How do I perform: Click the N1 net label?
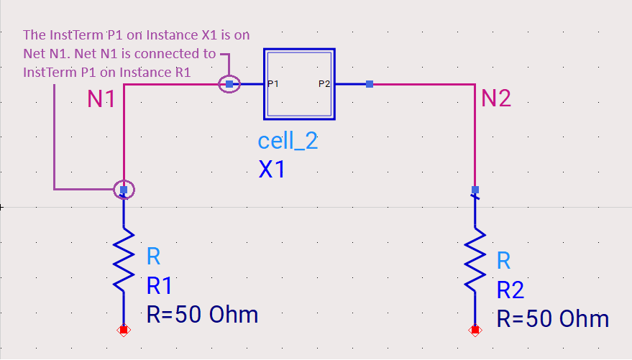click(101, 98)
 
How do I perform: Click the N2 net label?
click(496, 98)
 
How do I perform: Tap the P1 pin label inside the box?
click(273, 84)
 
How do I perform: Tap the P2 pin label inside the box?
click(324, 84)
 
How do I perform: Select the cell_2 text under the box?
click(288, 142)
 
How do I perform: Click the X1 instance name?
click(272, 169)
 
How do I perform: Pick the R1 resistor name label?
click(159, 286)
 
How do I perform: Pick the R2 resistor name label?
click(510, 290)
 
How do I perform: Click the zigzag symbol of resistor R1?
click(124, 259)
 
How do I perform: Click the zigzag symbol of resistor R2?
click(475, 259)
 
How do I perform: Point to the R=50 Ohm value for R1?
click(202, 315)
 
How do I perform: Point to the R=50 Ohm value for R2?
click(553, 319)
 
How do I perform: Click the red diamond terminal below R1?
click(124, 331)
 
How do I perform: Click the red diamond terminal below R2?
click(475, 331)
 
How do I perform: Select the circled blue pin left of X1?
click(229, 84)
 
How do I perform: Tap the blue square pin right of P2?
click(370, 84)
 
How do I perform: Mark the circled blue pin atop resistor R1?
click(124, 190)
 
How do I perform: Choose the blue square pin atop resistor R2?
click(475, 190)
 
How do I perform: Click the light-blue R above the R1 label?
click(154, 256)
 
